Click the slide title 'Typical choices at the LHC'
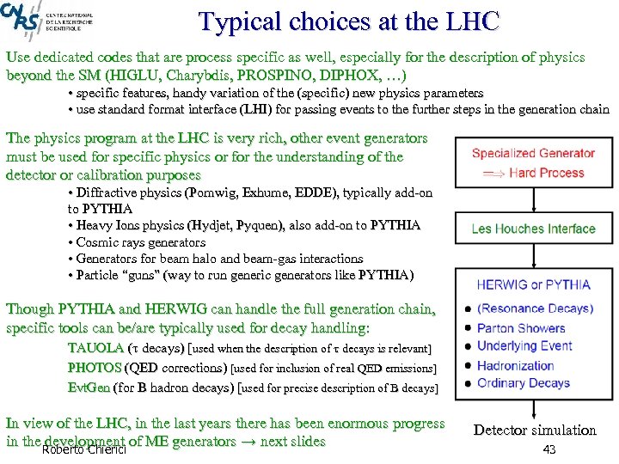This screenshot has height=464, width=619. (348, 22)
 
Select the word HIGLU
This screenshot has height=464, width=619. (153, 75)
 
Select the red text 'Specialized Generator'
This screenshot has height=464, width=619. (532, 154)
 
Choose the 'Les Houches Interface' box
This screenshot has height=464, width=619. (533, 229)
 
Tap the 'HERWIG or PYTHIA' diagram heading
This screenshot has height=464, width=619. (533, 284)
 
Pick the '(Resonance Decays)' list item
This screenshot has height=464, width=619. (534, 308)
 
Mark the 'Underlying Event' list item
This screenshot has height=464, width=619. (524, 345)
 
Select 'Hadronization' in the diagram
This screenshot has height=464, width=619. (516, 364)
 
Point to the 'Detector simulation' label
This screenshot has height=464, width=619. (534, 430)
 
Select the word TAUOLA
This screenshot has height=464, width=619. (95, 348)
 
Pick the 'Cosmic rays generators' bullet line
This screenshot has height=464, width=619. (140, 242)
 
